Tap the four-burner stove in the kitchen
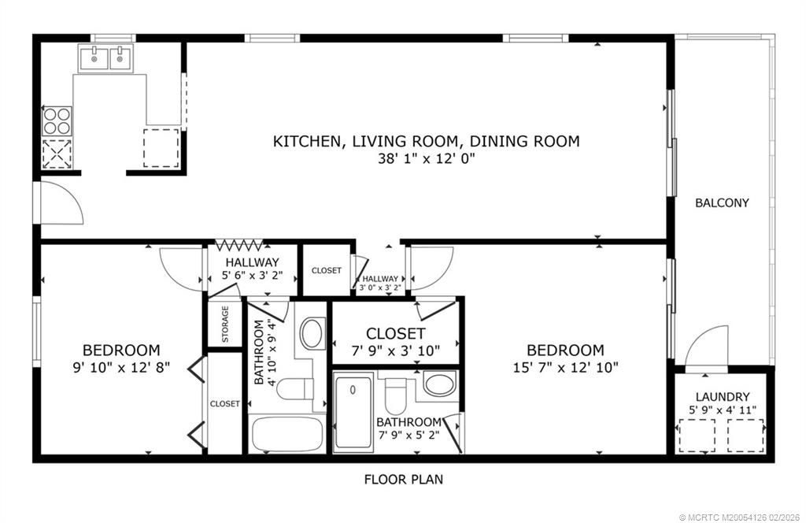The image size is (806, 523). (x=56, y=121)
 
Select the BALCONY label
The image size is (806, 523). (x=721, y=202)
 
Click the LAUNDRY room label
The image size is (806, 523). (x=723, y=397)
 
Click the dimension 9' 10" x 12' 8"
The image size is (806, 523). (x=122, y=366)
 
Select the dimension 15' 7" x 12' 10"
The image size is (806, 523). (x=565, y=366)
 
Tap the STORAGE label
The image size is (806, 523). (x=225, y=324)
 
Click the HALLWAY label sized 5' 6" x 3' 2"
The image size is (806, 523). (x=252, y=262)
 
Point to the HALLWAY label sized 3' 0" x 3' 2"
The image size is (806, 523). (x=380, y=279)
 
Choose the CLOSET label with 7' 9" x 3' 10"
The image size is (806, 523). (x=395, y=334)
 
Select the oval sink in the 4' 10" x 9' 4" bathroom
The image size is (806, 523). (x=314, y=333)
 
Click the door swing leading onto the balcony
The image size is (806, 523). (x=706, y=347)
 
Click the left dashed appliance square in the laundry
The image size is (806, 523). (x=697, y=435)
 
